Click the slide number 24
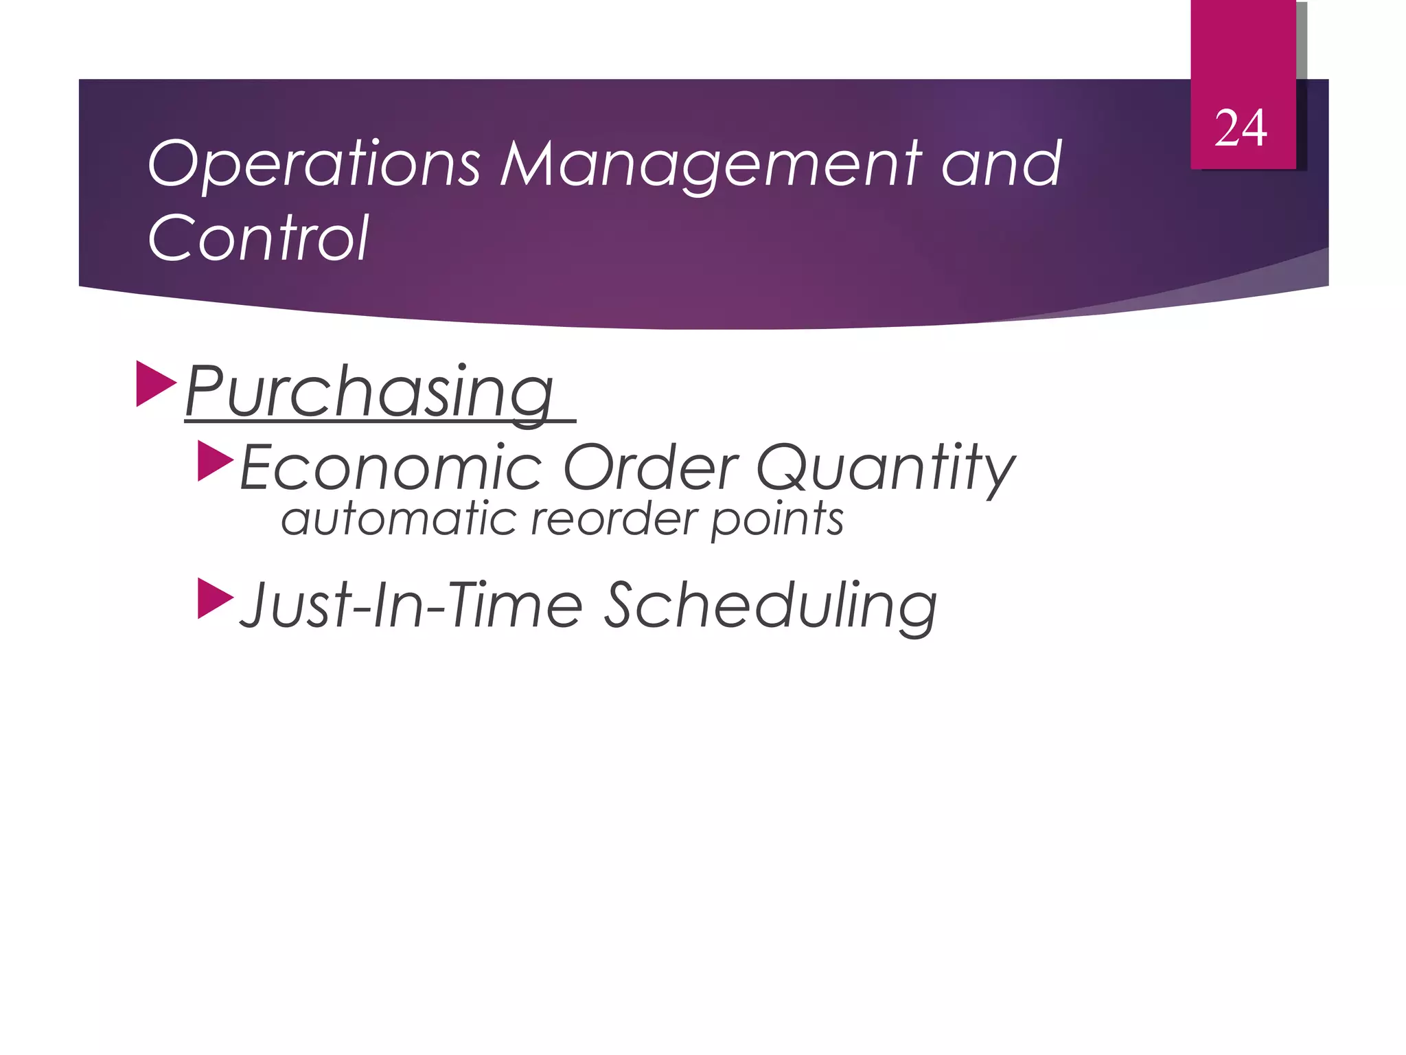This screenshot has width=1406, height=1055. (1240, 128)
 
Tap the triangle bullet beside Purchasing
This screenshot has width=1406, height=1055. (155, 383)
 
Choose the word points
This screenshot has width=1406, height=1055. (776, 520)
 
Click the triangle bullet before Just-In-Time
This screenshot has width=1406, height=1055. (215, 598)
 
